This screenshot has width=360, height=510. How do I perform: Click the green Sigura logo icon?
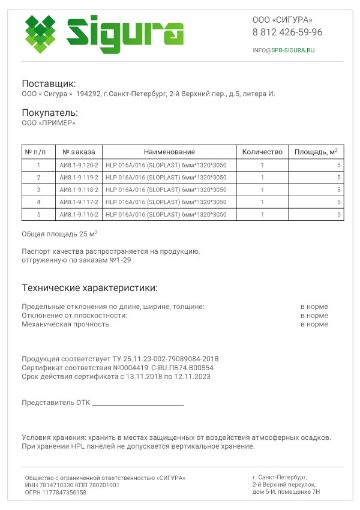tap(42, 34)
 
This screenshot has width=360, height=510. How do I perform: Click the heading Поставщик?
tap(49, 83)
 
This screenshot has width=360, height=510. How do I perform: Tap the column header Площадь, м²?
tap(317, 150)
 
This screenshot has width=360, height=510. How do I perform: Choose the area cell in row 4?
tap(338, 201)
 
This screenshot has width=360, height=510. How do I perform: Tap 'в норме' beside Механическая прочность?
tap(314, 323)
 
